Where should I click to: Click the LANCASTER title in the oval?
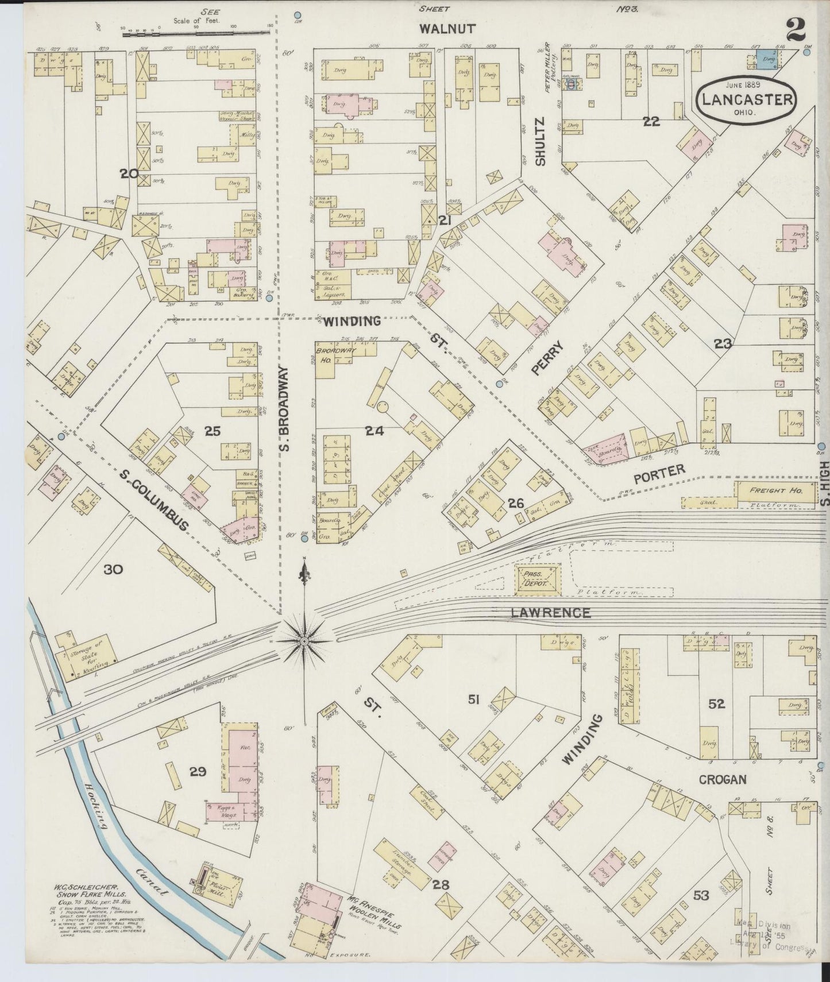tap(746, 99)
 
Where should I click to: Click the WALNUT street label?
tap(440, 29)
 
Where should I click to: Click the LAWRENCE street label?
tap(550, 613)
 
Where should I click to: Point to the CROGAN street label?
tap(722, 779)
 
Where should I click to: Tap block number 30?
tap(113, 569)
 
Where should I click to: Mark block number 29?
tap(198, 771)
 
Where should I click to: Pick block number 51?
tap(474, 699)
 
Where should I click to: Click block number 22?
tap(651, 121)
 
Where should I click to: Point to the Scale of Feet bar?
tap(195, 35)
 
